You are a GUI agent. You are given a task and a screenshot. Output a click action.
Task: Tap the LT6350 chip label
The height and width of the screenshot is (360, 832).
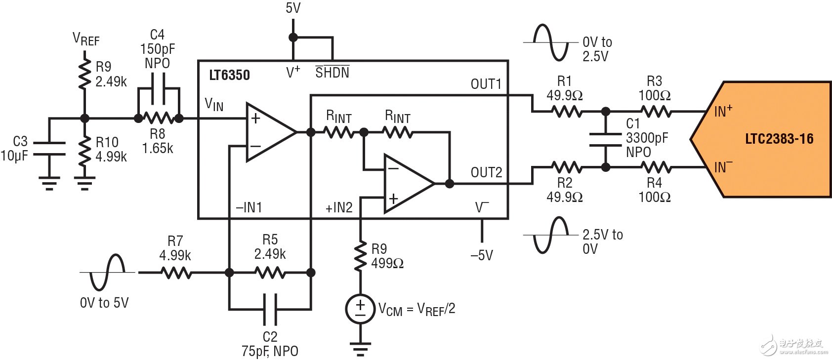(x=229, y=75)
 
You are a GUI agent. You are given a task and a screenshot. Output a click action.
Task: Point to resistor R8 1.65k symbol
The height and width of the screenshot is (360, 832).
(x=158, y=119)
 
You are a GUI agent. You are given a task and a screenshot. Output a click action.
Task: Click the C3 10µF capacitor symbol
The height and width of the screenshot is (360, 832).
(x=49, y=148)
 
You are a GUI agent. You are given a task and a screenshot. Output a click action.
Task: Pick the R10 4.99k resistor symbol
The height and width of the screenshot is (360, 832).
(x=85, y=149)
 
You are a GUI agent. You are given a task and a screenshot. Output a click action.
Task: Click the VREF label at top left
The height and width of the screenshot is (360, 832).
(x=86, y=39)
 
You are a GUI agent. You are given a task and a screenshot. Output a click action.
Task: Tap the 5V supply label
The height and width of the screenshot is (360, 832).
(x=293, y=8)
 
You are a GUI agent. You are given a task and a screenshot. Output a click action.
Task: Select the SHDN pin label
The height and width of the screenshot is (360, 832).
(x=332, y=73)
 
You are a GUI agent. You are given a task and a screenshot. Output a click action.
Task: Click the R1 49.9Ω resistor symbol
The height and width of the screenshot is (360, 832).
(x=567, y=112)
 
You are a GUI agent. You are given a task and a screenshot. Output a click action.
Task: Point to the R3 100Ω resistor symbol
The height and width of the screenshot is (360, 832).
(x=656, y=112)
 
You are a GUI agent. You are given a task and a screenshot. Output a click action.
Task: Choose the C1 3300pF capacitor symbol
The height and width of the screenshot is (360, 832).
(x=606, y=139)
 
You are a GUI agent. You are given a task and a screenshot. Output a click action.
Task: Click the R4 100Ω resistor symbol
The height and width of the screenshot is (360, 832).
(x=656, y=168)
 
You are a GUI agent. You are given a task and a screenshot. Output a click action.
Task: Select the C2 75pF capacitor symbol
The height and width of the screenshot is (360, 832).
(x=270, y=309)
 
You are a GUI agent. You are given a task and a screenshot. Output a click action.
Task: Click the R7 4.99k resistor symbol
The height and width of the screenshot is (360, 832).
(x=176, y=273)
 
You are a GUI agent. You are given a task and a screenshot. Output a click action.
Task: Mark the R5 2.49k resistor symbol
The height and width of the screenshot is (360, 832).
(x=270, y=273)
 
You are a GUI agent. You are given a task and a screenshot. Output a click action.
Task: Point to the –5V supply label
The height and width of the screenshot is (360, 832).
(x=482, y=255)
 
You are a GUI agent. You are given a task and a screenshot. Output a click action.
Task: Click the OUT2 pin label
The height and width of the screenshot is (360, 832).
(x=486, y=172)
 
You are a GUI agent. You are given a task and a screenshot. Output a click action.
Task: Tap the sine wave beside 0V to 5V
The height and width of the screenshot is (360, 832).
(x=106, y=272)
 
